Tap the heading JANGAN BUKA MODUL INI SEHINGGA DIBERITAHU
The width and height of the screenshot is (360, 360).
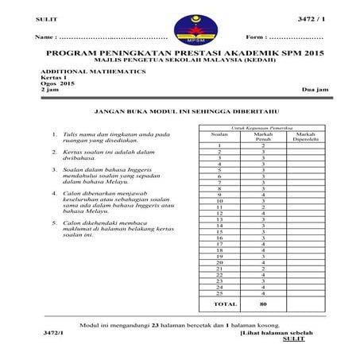179,113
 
